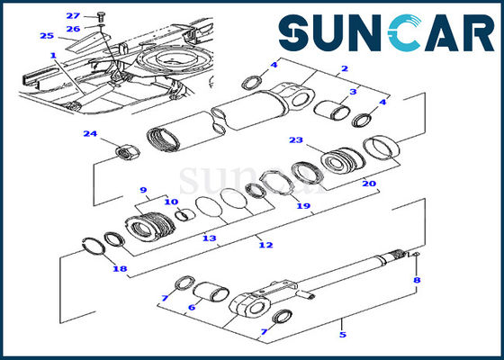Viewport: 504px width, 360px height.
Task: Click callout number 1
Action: (x=53, y=55)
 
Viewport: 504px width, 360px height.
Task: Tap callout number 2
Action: (x=343, y=68)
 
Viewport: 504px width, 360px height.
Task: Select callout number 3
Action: (x=354, y=90)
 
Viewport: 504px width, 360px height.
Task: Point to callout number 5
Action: (x=341, y=334)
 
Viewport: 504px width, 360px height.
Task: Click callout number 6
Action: (x=191, y=307)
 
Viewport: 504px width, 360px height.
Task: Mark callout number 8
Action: (x=416, y=281)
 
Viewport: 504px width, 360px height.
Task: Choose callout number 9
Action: (x=142, y=189)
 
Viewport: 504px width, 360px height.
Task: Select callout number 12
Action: (x=263, y=245)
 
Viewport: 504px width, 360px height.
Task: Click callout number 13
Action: (x=209, y=238)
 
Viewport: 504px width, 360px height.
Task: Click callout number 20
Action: (x=368, y=184)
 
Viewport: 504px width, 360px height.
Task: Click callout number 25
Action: (x=46, y=35)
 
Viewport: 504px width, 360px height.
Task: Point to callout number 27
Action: (x=73, y=15)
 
